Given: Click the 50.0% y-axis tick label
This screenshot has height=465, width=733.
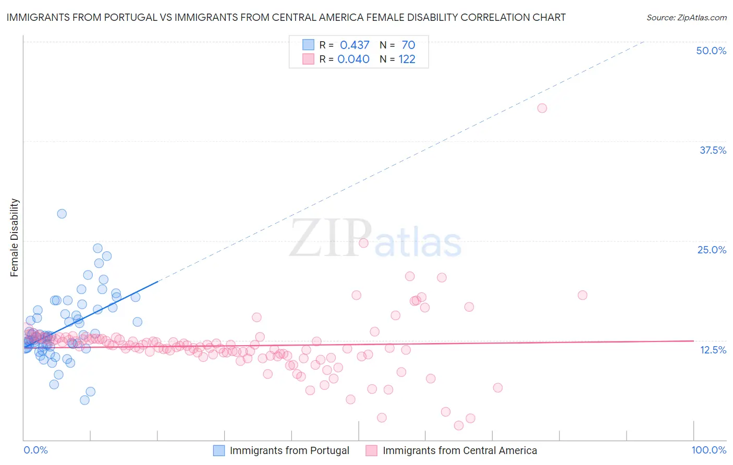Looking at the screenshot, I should click(711, 51).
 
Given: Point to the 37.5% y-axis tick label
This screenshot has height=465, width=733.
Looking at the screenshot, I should click(713, 150).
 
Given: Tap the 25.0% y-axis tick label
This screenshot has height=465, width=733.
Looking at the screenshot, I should click(712, 250).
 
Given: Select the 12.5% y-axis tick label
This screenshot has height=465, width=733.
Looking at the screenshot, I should click(713, 350).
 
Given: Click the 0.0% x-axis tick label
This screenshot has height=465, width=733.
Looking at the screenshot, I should click(35, 450).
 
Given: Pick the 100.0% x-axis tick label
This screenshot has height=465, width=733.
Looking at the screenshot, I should click(708, 450).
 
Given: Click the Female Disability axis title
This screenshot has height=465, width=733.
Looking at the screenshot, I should click(15, 238).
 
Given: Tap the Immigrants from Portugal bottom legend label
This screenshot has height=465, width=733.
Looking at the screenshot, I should click(289, 450).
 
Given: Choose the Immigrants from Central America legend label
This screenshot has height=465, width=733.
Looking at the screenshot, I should click(459, 450).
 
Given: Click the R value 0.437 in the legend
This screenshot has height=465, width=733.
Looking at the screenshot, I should click(355, 45).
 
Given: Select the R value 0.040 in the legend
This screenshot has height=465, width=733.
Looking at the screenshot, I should click(353, 59).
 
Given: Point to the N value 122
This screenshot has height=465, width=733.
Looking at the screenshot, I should click(407, 59).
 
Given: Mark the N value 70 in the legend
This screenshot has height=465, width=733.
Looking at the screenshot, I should click(408, 45).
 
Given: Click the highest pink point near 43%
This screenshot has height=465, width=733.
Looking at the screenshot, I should click(542, 108).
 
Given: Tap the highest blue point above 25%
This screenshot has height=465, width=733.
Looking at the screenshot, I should click(62, 213).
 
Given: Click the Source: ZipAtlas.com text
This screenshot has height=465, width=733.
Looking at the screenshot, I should click(686, 18).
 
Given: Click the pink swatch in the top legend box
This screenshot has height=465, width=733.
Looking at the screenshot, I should click(308, 59).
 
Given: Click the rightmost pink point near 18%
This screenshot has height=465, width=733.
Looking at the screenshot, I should click(582, 295).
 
